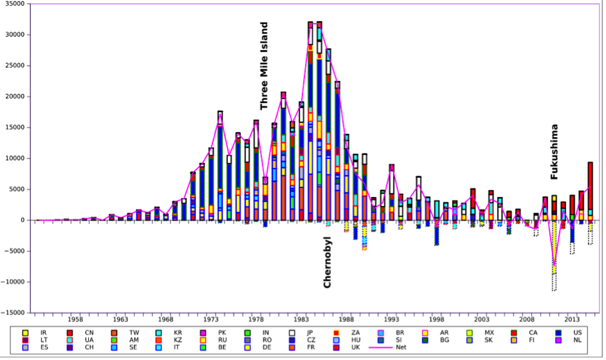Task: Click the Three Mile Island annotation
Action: coord(263,66)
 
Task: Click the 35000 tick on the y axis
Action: coord(15,4)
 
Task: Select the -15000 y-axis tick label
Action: coord(14,313)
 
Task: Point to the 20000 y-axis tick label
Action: coord(15,97)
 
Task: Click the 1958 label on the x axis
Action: coord(75,319)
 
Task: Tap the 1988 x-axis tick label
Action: coord(346,319)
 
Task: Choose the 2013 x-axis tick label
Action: coord(572,319)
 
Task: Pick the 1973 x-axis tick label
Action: coord(211,319)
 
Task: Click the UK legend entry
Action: coord(350,348)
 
